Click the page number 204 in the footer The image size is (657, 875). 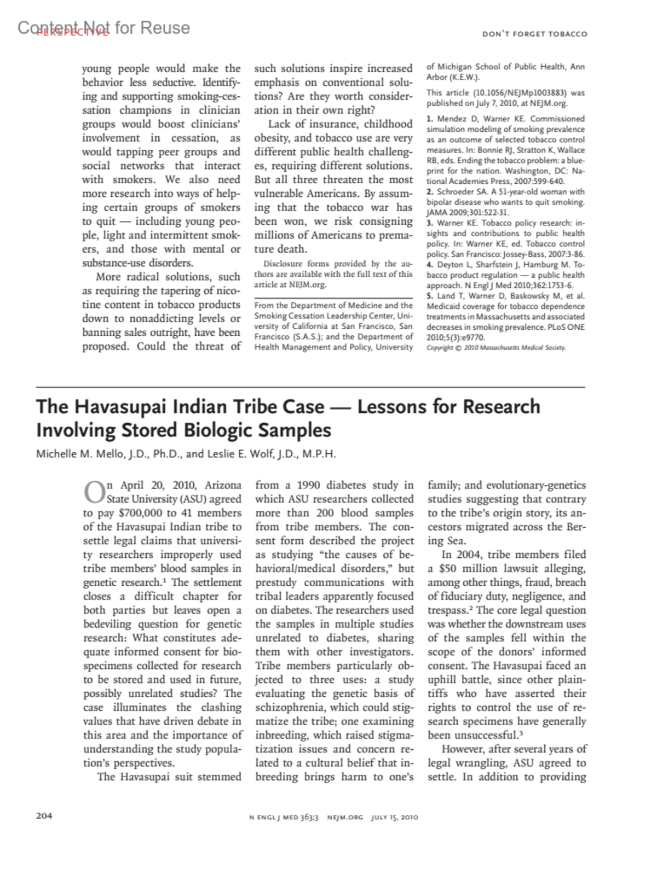(x=44, y=816)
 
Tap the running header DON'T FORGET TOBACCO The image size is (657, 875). (x=534, y=34)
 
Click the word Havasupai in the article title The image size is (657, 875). (x=121, y=407)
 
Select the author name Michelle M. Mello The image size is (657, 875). (x=74, y=454)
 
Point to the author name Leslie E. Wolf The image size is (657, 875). (x=246, y=454)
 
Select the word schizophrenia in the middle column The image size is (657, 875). (x=290, y=708)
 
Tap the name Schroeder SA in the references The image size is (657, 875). (x=464, y=192)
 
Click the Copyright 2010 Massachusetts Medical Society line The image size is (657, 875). (x=495, y=348)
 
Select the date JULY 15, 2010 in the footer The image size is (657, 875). (x=394, y=818)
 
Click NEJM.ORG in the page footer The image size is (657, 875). (x=345, y=818)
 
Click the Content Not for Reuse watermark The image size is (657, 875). (x=104, y=28)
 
